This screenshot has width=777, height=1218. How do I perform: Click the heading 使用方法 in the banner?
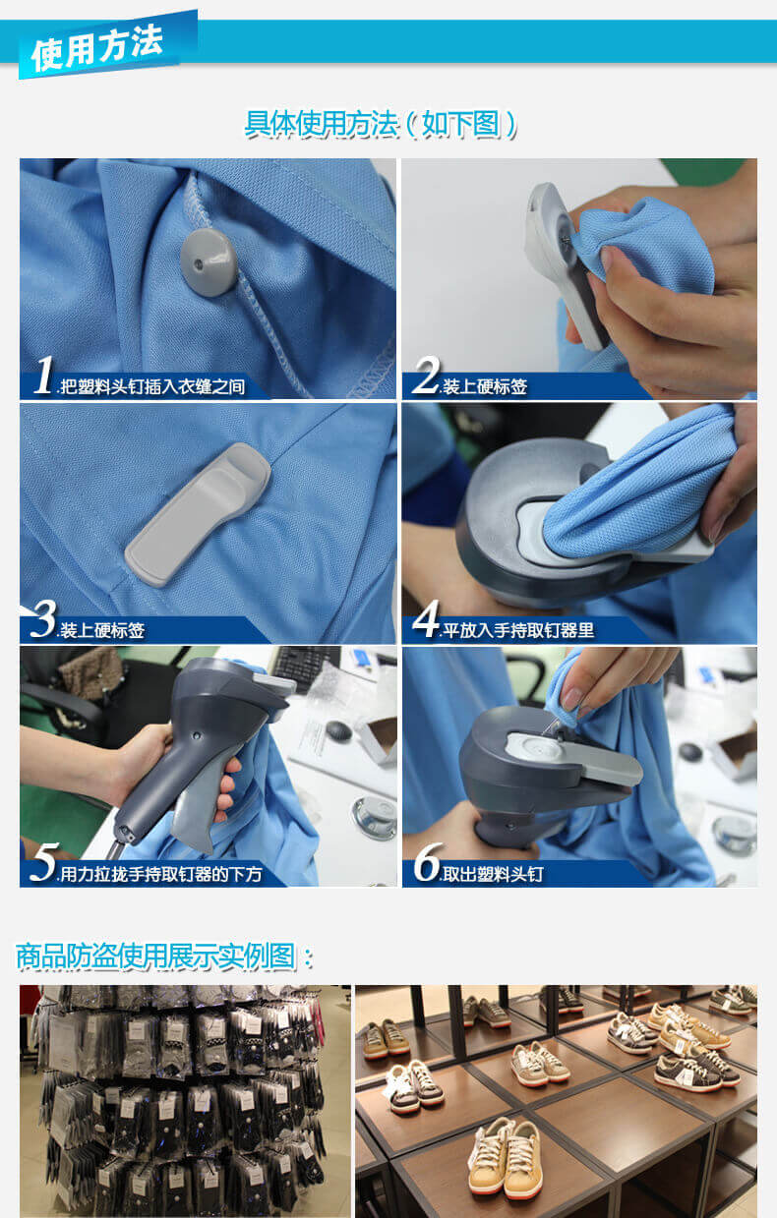(x=96, y=48)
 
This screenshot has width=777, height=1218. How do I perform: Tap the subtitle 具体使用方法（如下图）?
(x=380, y=124)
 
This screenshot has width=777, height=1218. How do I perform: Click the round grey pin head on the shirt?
(x=209, y=262)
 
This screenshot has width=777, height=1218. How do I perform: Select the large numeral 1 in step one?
(x=43, y=375)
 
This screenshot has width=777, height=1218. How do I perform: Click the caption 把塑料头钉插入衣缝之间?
(x=152, y=386)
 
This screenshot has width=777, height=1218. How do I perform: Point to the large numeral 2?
(x=426, y=375)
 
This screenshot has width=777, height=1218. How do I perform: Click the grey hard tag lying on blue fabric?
(x=198, y=514)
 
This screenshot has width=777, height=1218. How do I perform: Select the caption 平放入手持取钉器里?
(x=518, y=630)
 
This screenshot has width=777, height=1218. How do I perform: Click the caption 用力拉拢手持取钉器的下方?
(x=161, y=874)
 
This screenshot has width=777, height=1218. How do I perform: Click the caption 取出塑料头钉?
(x=493, y=874)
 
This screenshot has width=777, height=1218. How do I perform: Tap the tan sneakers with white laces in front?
(x=506, y=1157)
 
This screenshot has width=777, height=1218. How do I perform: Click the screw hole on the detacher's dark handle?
(x=197, y=736)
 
